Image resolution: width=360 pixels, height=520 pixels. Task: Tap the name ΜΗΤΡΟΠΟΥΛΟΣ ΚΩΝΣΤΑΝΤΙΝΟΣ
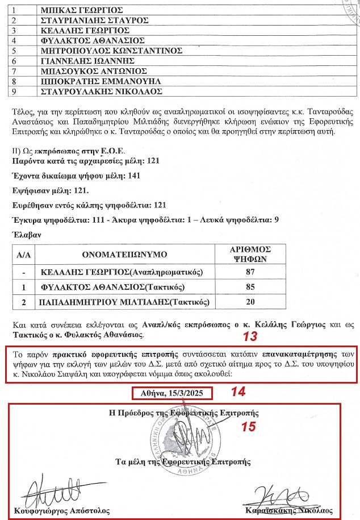pos(112,51)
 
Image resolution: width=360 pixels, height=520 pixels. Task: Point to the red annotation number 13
pos(250,336)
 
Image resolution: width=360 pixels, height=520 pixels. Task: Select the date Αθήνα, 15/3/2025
pos(172,393)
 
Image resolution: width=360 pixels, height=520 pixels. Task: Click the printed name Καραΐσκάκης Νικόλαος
pos(289,510)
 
